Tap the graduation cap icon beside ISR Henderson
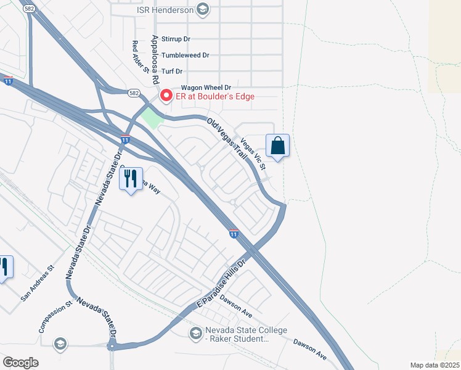point(203,9)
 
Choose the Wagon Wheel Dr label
point(205,88)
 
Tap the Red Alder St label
point(141,57)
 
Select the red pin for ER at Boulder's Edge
point(166,96)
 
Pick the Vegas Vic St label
point(253,154)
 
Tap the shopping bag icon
point(278,146)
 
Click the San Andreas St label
point(38,284)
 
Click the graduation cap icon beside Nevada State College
point(195,334)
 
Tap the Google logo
point(20,363)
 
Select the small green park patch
point(150,118)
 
